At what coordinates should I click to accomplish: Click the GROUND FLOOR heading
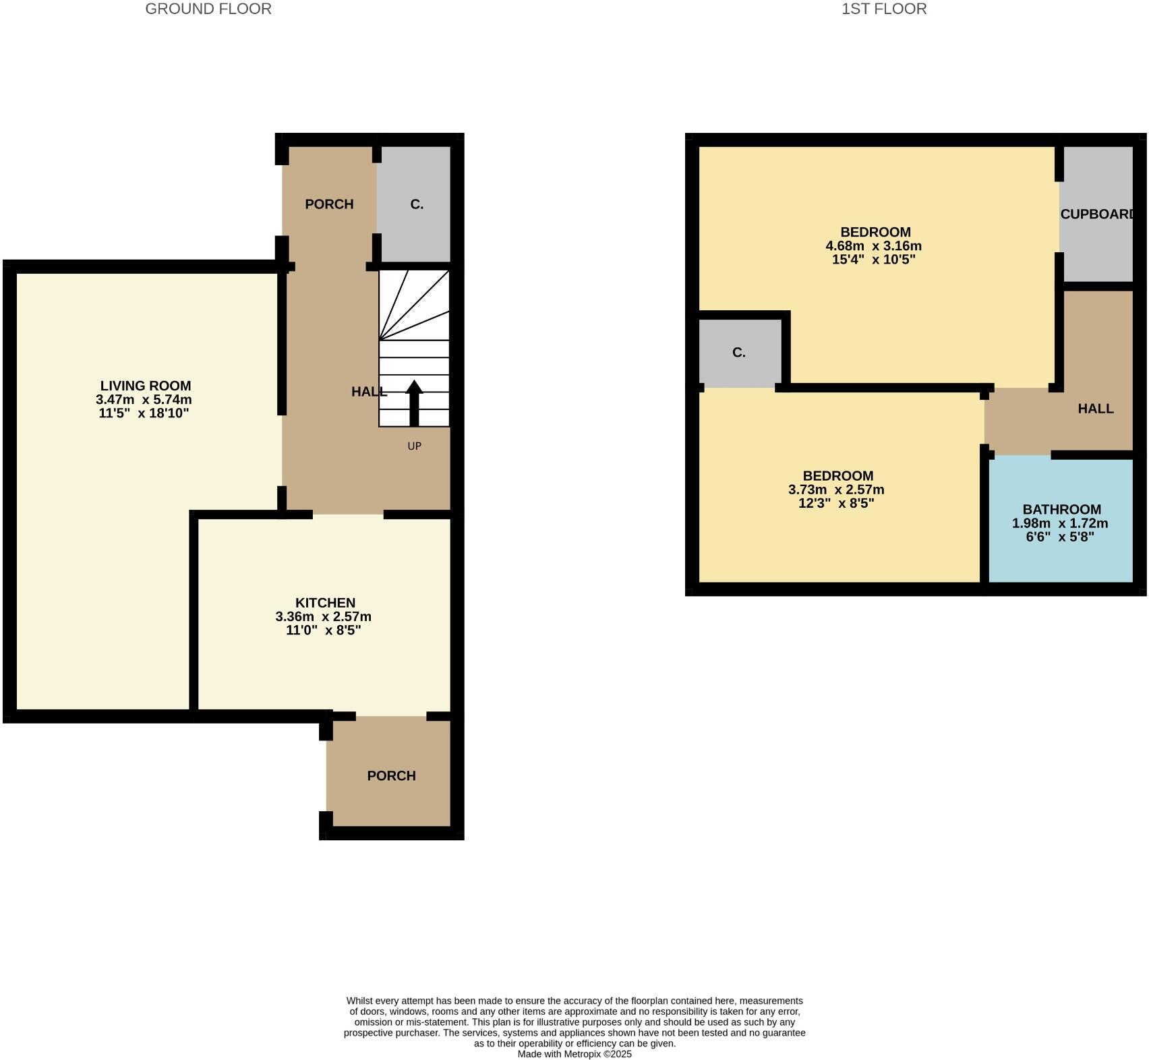tap(208, 9)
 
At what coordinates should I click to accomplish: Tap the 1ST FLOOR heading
tap(883, 9)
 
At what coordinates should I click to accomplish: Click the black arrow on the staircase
tap(414, 403)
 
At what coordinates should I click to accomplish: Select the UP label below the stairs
tap(414, 446)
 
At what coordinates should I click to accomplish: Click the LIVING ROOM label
tap(146, 386)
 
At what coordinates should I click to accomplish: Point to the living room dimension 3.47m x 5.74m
tap(144, 400)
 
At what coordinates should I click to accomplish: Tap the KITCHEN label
tap(325, 603)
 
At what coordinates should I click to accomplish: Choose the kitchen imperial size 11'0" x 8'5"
tap(323, 630)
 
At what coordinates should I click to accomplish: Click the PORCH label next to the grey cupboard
tap(329, 204)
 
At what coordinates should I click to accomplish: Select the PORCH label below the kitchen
tap(391, 776)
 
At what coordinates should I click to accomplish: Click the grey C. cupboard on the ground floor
tap(417, 204)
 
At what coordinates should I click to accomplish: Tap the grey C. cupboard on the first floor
tap(739, 353)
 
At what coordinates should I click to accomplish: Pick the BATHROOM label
tap(1061, 510)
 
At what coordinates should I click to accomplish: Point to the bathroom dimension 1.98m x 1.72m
tap(1059, 523)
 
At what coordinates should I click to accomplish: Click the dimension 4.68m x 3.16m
tap(873, 246)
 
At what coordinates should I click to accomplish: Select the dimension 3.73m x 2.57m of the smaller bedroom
tap(836, 490)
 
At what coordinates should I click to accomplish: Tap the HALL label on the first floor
tap(1095, 409)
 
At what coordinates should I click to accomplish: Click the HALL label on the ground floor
tap(369, 392)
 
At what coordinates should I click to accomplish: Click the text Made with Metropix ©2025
tap(574, 1054)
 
